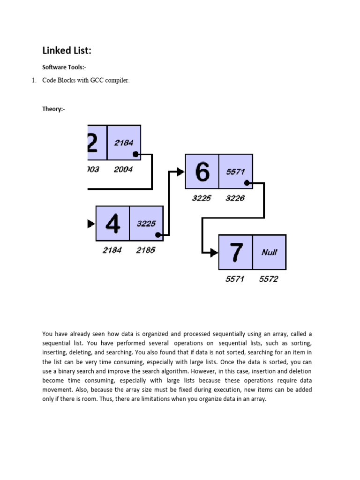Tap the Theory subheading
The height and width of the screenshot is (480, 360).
coord(54,109)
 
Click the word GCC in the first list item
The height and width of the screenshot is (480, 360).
coord(97,81)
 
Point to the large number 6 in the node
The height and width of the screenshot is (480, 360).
coord(202,172)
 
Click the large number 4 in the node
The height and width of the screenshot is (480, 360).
coord(112,224)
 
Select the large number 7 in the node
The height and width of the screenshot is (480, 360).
coord(236,252)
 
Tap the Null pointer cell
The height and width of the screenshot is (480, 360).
coord(269,252)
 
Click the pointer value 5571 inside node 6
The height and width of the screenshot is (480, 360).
coord(235,172)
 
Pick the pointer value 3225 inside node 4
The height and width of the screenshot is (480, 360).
coord(146,224)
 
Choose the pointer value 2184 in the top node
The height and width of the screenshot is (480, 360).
coord(124,142)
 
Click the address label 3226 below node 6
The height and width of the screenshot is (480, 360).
coord(235,198)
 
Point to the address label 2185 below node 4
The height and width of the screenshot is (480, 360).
coord(146,250)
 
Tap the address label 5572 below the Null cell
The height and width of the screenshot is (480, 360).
coord(269,279)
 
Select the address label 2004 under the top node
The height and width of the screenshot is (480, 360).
coord(123,170)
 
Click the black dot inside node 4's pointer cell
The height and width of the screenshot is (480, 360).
coord(159,235)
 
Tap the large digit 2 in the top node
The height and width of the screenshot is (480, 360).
coord(92,142)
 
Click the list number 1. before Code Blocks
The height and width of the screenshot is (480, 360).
coord(34,81)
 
